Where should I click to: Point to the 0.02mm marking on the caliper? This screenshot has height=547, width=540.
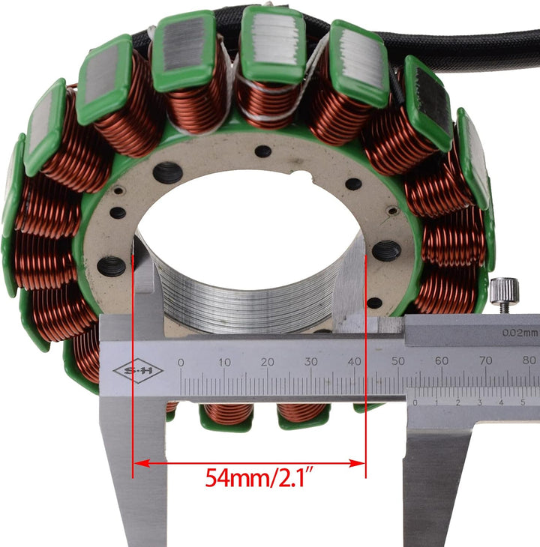point(520,333)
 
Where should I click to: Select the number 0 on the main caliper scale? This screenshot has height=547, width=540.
point(181,363)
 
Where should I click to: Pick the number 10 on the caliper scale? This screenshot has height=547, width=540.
point(224,363)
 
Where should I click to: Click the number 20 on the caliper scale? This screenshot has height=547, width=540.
point(268,363)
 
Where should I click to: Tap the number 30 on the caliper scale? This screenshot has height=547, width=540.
point(311,363)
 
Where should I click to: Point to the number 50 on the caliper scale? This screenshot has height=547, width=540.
point(397,363)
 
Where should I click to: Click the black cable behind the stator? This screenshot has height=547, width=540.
point(480,45)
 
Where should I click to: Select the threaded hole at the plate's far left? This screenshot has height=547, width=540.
point(112,265)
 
